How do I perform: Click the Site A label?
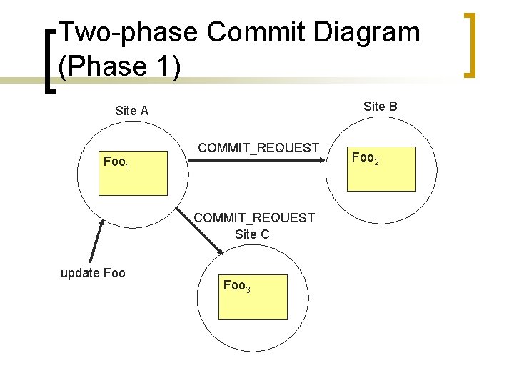(x=131, y=111)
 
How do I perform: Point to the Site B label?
(x=380, y=107)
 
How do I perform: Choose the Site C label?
(x=252, y=234)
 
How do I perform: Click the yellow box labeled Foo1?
(x=133, y=174)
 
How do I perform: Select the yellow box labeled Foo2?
(x=381, y=169)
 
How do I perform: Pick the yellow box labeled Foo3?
(x=253, y=297)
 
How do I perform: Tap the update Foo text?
(x=93, y=273)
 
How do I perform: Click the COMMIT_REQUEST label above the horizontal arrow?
(x=258, y=148)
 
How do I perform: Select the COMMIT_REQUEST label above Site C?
(x=254, y=217)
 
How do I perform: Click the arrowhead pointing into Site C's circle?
(x=220, y=250)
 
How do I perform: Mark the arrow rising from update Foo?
(x=96, y=242)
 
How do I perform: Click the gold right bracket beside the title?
(x=469, y=44)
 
